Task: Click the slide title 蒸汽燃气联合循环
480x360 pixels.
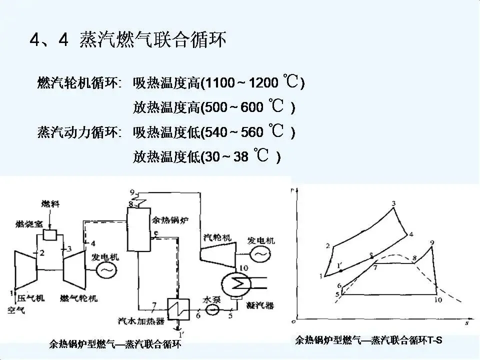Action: coord(152,40)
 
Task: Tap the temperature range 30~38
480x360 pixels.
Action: coord(226,157)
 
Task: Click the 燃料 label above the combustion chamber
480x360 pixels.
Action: coord(50,205)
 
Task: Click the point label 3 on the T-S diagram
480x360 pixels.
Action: coord(393,203)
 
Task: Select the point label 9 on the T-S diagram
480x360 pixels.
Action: coord(431,243)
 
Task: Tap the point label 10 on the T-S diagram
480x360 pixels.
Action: coord(438,300)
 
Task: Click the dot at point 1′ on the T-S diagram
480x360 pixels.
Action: coord(340,270)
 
